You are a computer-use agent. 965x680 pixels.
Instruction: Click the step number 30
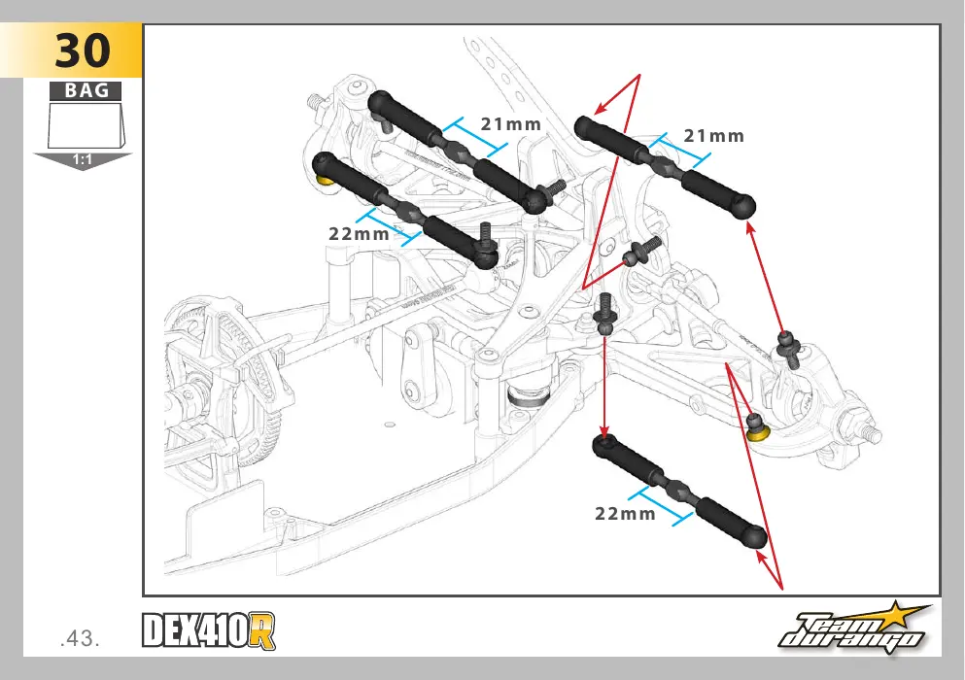pos(83,51)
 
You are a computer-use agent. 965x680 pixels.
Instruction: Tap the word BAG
pos(86,90)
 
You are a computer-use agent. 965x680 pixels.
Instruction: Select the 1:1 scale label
pos(82,160)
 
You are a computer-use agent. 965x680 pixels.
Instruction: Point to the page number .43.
pos(80,639)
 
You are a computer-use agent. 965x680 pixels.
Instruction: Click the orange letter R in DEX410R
pos(263,630)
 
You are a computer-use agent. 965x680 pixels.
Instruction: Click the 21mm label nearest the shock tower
pos(511,124)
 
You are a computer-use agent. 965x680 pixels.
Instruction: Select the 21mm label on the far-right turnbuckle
pos(714,136)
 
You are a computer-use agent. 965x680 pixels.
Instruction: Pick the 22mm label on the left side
pos(359,234)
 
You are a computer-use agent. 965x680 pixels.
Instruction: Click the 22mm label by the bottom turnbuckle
pos(625,514)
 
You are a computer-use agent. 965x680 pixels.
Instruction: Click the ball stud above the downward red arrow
pos(605,315)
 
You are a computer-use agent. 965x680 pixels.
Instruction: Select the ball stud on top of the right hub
pos(788,349)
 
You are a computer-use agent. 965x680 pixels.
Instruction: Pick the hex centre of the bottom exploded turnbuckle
pos(679,491)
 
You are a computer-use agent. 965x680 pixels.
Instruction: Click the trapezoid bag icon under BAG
pos(86,125)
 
